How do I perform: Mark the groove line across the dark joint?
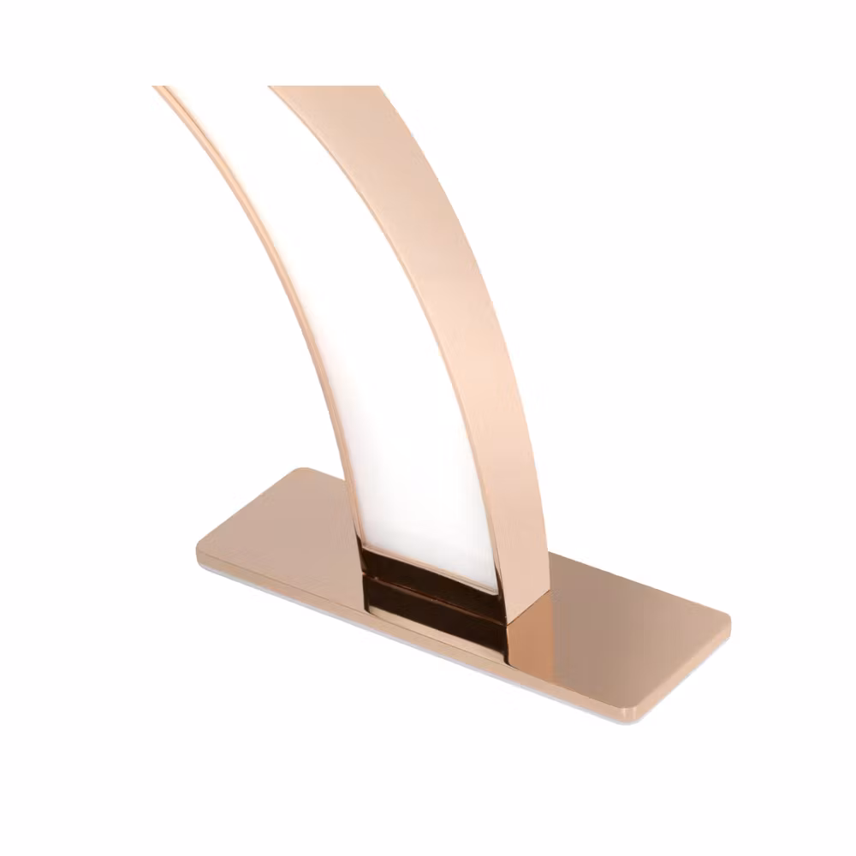pos(428,584)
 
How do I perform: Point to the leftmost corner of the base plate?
pos(199,541)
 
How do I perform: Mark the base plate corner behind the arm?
pos(304,470)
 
